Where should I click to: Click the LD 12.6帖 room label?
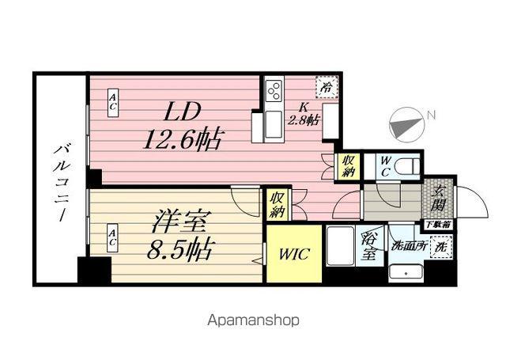pos(182,126)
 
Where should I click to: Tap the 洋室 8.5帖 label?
pos(179,235)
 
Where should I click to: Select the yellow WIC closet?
pos(294,254)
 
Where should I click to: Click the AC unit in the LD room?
pos(112,103)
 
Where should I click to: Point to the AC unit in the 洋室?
pos(112,238)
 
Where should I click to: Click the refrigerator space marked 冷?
pos(327,87)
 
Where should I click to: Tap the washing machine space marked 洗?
pos(441,247)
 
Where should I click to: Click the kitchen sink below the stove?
pos(274,124)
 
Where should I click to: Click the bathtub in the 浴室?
pos(341,246)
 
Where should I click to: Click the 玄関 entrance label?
pos(438,199)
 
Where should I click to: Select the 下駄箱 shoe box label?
pos(438,225)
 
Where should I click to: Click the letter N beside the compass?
pos(431,115)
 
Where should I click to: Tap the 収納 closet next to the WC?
pos(348,165)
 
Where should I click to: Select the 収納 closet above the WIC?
pos(277,204)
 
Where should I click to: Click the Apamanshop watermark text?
pos(253,320)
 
